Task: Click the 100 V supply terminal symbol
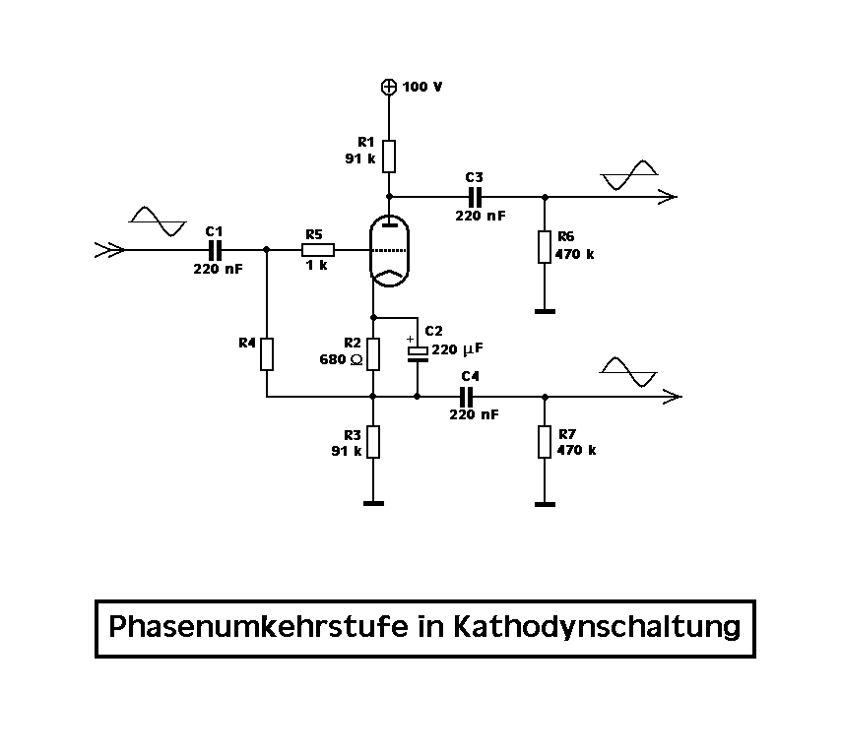(390, 87)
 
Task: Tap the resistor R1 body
(390, 156)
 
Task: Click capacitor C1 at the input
(214, 250)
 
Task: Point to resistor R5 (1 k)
(317, 250)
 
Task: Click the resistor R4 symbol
(267, 353)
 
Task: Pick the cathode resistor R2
(373, 352)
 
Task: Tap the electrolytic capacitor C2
(418, 352)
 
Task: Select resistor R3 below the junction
(373, 443)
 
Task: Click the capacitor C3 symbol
(475, 196)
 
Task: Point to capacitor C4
(467, 397)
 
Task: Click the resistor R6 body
(544, 246)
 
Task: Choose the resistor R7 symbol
(544, 442)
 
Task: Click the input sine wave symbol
(157, 221)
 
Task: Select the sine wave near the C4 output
(628, 373)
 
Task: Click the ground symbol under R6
(544, 311)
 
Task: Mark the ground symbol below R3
(373, 504)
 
